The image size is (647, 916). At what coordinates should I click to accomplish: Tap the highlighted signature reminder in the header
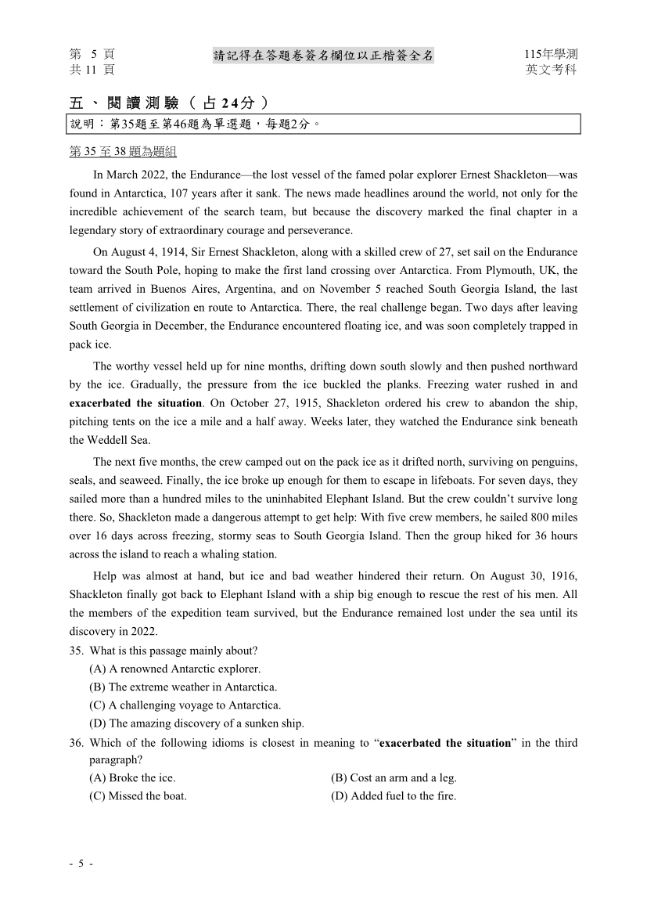[x=323, y=55]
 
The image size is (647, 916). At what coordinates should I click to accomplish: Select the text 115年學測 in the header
[x=551, y=54]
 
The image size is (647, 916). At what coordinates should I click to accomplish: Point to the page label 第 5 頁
[x=92, y=54]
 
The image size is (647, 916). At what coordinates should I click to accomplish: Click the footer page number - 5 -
[x=81, y=864]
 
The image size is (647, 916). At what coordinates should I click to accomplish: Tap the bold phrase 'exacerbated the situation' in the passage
[x=135, y=403]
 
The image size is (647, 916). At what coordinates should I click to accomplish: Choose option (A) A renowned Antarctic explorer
[x=175, y=669]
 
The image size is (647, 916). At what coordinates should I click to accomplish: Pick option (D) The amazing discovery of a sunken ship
[x=196, y=723]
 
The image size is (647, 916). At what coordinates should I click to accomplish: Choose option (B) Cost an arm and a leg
[x=394, y=777]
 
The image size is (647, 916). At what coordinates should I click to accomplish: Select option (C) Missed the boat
[x=138, y=796]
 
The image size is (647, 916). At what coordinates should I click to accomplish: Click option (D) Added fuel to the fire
[x=394, y=796]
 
